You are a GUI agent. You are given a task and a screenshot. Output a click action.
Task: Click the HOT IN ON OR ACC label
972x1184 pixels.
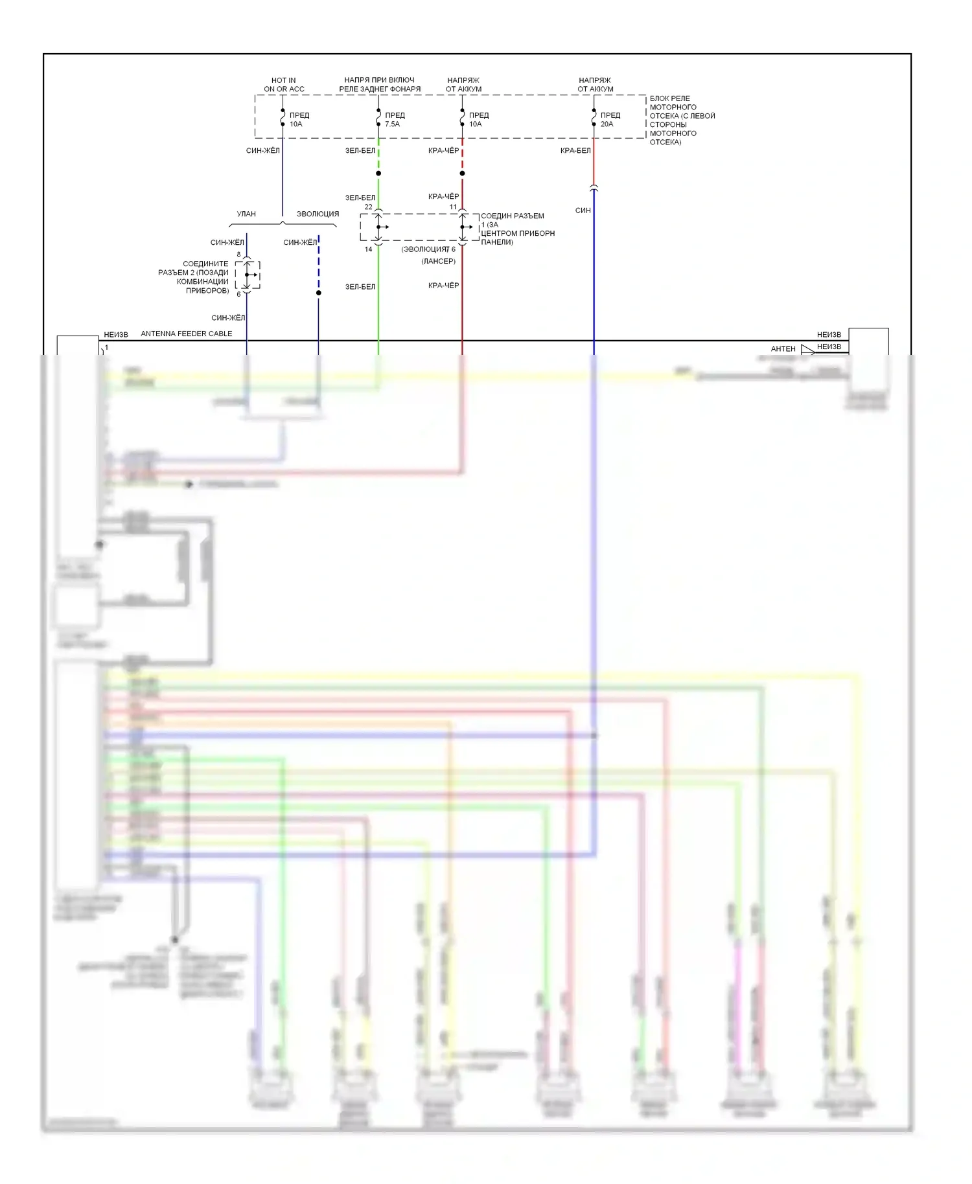click(x=284, y=85)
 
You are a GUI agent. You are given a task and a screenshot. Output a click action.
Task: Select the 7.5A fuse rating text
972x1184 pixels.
click(x=393, y=124)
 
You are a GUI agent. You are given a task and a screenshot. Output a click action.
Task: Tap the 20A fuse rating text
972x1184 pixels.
click(x=607, y=124)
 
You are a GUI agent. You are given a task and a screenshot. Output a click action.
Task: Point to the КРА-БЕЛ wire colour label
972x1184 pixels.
click(x=575, y=151)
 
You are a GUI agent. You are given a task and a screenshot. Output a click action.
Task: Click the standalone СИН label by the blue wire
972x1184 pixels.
click(x=583, y=211)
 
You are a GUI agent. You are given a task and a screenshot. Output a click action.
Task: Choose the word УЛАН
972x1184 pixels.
click(x=246, y=214)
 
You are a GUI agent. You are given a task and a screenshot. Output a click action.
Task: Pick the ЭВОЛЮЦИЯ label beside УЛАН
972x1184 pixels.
click(x=318, y=214)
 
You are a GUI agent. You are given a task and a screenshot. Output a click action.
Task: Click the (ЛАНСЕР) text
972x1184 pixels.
click(x=439, y=261)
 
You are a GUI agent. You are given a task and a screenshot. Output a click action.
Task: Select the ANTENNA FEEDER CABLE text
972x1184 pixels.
click(x=187, y=334)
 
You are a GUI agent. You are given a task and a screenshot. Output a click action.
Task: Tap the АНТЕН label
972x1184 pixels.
click(x=783, y=348)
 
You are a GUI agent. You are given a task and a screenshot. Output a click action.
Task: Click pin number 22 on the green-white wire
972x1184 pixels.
click(x=368, y=207)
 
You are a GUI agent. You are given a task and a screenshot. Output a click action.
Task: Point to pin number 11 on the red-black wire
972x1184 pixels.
click(x=454, y=207)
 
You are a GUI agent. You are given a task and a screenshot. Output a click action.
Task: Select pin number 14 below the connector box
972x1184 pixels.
click(x=368, y=249)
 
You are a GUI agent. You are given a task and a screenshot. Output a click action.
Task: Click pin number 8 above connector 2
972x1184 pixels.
click(x=238, y=255)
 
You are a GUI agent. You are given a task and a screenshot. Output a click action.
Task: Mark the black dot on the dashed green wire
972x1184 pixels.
click(x=378, y=173)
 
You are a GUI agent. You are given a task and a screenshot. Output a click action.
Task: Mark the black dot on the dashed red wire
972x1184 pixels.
click(x=462, y=173)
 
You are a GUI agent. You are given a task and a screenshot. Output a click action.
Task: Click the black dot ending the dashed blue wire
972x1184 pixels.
click(x=318, y=293)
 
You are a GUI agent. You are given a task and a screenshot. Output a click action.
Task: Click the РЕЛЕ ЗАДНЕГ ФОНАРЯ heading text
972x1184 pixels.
click(x=380, y=89)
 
